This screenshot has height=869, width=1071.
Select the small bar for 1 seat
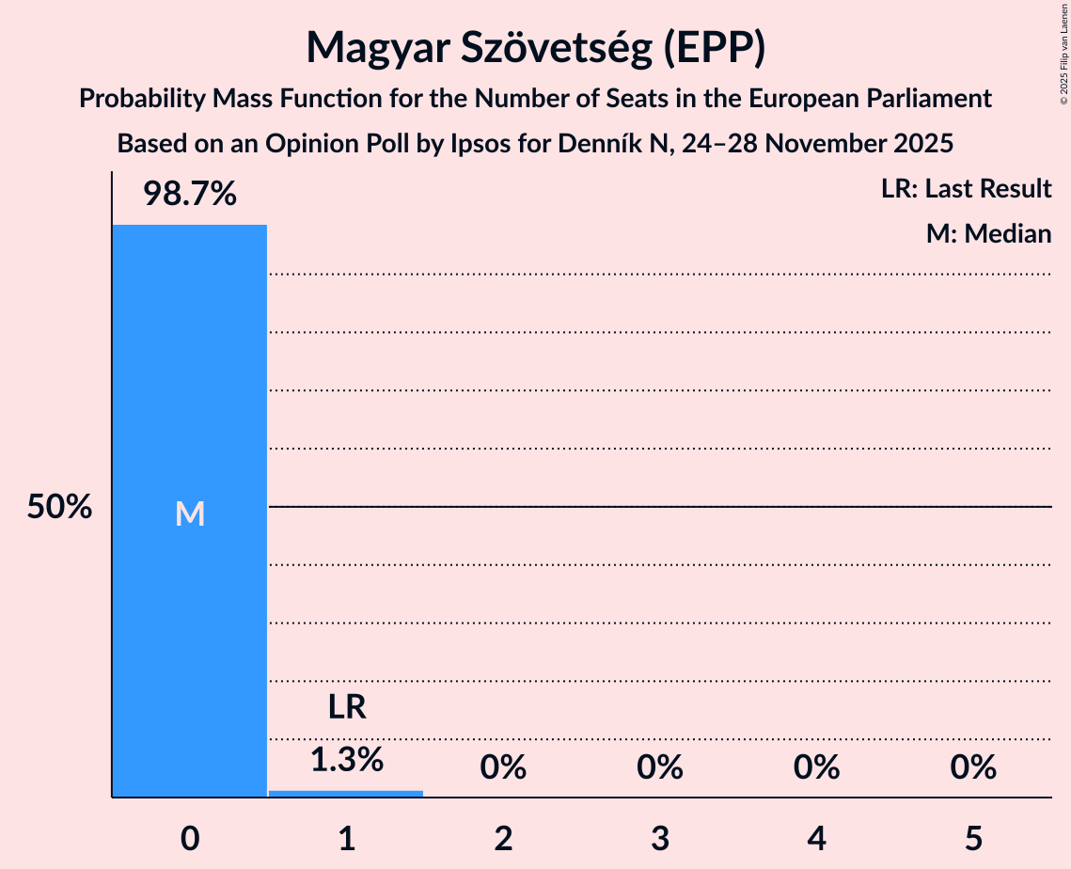point(346,793)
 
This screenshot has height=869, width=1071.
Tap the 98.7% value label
point(189,195)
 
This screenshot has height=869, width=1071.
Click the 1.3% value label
point(346,760)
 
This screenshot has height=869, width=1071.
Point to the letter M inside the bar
point(189,513)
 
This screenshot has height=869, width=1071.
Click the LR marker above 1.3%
point(346,707)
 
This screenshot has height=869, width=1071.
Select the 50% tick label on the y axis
point(59,508)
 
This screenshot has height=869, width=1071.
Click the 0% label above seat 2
point(503,768)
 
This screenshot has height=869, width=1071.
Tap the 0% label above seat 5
point(973,768)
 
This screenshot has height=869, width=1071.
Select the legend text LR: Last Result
point(966,189)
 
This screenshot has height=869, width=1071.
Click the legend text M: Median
point(988,234)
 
